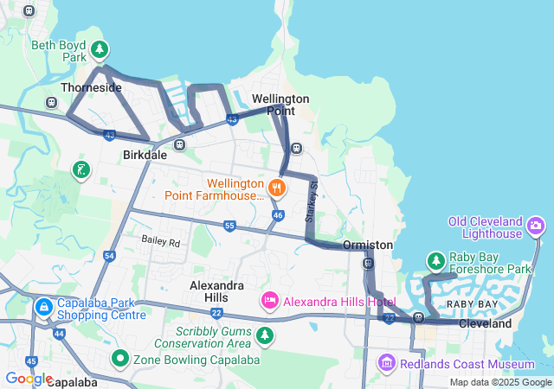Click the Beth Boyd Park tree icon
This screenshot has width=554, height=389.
100,48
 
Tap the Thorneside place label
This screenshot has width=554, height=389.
91,87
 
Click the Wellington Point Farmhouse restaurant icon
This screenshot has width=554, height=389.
277,187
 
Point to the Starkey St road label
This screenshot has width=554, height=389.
313,198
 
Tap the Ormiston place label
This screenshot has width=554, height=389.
368,246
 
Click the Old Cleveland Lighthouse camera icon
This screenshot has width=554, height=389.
537,226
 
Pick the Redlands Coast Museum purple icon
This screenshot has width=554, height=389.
387,363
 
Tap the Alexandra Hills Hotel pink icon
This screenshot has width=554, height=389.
269,300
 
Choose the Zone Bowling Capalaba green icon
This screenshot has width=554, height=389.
119,357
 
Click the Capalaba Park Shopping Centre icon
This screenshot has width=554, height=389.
44,307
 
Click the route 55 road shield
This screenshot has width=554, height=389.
229,226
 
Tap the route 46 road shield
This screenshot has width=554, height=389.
277,214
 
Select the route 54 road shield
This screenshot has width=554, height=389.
109,255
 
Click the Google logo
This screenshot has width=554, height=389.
29,379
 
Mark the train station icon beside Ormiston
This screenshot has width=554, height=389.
369,264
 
